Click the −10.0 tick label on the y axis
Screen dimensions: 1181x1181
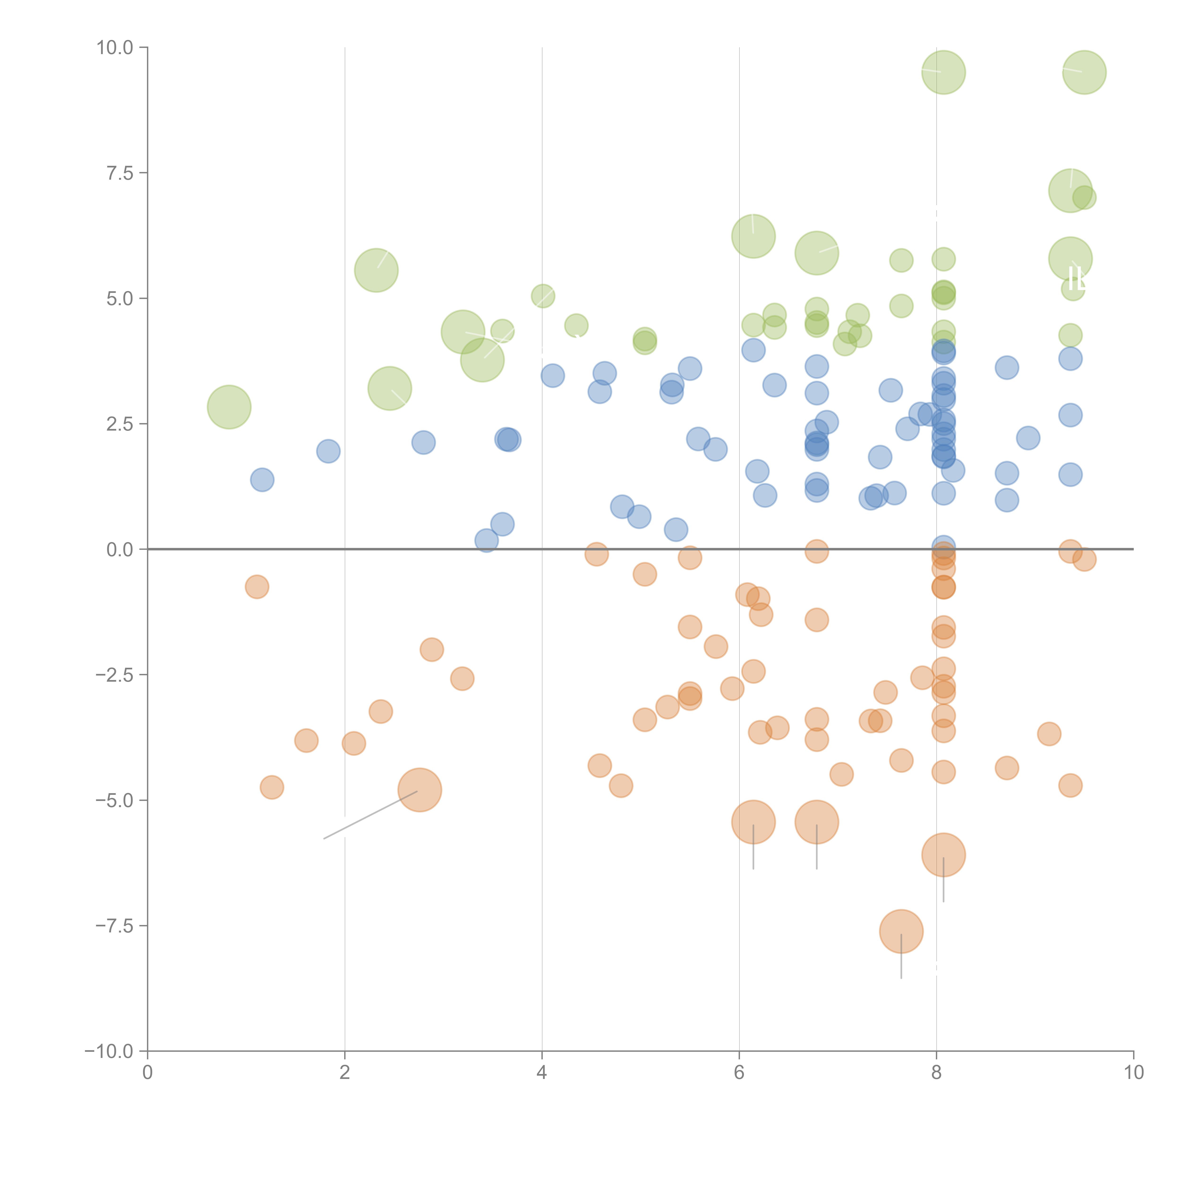(x=110, y=1051)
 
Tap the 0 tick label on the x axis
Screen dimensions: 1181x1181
(x=147, y=1073)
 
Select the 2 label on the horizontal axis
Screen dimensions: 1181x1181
(x=345, y=1073)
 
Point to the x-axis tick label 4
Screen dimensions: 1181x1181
(x=542, y=1073)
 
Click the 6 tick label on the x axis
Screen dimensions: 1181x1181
(x=739, y=1073)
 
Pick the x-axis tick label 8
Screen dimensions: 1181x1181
(x=937, y=1073)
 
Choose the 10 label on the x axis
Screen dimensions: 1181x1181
(x=1133, y=1073)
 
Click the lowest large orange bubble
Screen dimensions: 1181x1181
(x=901, y=932)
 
